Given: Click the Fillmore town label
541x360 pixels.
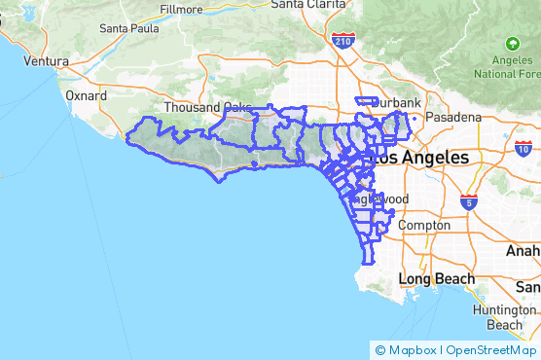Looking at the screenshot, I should click(182, 9).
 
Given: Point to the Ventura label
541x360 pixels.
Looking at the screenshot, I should click(47, 60).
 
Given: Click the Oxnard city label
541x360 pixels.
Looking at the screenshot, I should click(86, 96).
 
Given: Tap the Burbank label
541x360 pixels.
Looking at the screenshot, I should click(399, 102).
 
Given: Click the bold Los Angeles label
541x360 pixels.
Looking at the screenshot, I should click(424, 157).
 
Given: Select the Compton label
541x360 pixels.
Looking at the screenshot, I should click(424, 225).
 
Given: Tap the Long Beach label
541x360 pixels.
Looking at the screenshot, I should click(437, 279).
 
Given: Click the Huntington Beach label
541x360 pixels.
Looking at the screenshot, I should click(505, 317).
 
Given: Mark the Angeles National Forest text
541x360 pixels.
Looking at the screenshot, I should click(507, 67).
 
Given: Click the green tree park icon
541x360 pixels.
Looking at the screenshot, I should click(512, 44).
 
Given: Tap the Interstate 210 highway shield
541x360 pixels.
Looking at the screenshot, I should click(343, 41).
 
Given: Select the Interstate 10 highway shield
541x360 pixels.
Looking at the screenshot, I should click(523, 149).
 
